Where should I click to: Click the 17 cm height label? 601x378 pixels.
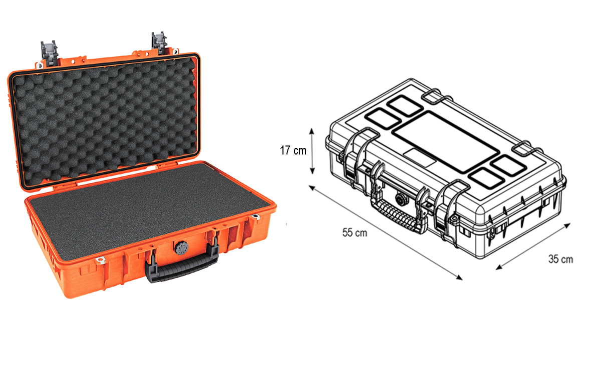click(x=293, y=150)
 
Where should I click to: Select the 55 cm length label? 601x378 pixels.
click(x=355, y=232)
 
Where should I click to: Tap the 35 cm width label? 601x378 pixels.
click(x=560, y=259)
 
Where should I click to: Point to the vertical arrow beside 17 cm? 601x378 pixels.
click(x=313, y=150)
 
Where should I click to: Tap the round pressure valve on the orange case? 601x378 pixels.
click(x=180, y=247)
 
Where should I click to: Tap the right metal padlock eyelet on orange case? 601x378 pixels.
click(x=256, y=216)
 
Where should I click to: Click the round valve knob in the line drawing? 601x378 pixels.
click(x=401, y=198)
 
